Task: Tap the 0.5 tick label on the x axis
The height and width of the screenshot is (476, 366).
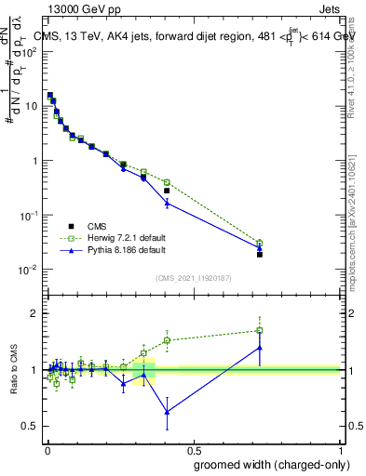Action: coord(192,450)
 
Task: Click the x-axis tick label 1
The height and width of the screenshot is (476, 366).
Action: coord(339,450)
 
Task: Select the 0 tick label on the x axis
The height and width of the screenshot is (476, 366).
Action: coord(46,450)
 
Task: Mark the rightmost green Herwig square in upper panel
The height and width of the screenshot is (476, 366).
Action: coord(260,244)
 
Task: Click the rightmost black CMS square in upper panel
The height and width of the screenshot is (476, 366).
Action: coord(260,254)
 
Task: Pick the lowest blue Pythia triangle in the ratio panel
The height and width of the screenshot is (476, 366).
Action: coord(167,412)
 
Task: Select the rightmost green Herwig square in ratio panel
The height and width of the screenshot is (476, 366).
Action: coord(260,330)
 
